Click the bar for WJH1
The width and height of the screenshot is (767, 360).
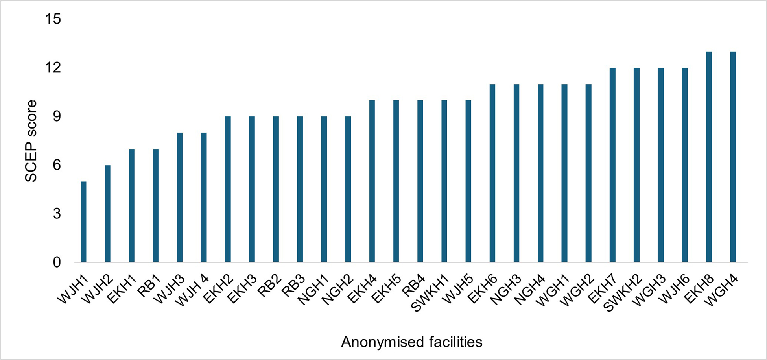click(x=83, y=222)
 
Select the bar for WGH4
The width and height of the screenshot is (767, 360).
click(x=733, y=157)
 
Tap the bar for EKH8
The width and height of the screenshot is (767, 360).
click(x=709, y=157)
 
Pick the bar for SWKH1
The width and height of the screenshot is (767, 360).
click(x=444, y=181)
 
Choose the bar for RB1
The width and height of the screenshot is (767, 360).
click(x=156, y=206)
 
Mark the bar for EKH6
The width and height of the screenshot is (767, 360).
click(x=492, y=173)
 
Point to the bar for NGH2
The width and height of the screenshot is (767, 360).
click(x=348, y=189)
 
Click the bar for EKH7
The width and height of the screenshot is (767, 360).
click(x=612, y=165)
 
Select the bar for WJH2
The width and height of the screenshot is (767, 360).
click(x=107, y=214)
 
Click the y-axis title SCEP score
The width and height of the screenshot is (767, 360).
click(x=31, y=141)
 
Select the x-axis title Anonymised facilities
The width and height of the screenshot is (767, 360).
click(x=411, y=342)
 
